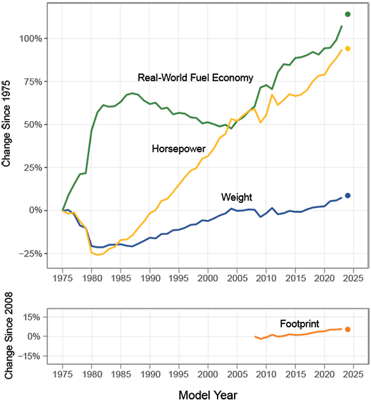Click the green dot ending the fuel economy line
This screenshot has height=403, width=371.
[347, 14]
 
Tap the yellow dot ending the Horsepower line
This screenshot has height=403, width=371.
[347, 48]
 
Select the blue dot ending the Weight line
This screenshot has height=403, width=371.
[347, 195]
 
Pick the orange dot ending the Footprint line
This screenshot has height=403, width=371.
[347, 329]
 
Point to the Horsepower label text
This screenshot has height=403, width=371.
[178, 149]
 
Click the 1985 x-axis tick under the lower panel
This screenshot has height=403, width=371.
[121, 372]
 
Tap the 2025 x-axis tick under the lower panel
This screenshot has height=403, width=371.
[353, 372]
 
